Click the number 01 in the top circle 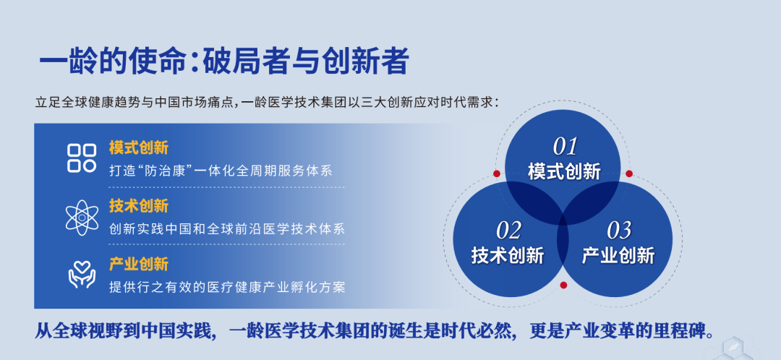(565, 147)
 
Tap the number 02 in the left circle (508, 230)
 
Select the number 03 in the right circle (619, 230)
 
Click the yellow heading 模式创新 (139, 148)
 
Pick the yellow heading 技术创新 (139, 205)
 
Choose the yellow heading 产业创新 (139, 264)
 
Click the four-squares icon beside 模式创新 (82, 158)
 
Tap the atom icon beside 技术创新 (82, 218)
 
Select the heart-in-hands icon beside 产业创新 (82, 275)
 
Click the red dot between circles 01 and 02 (497, 173)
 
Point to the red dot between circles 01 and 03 (629, 173)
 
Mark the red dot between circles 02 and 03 (563, 286)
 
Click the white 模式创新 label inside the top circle (564, 172)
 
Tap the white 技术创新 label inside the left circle (508, 255)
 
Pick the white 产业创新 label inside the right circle (618, 255)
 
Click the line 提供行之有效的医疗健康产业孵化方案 (227, 287)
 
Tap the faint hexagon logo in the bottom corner (737, 348)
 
